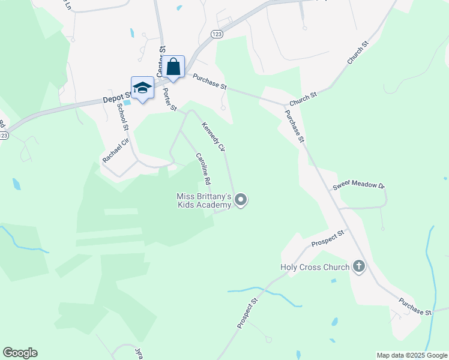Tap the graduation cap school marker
coord(142,87)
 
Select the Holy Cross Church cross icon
coord(359,266)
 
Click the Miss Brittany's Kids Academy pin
coord(241,199)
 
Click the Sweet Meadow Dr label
coord(358,185)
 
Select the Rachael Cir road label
coord(115,150)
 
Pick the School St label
coord(122,116)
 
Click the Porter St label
coord(169,100)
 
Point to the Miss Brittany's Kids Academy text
coord(203,201)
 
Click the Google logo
coord(20,353)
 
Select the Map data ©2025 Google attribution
coord(412,355)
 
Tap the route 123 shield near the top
coord(217,35)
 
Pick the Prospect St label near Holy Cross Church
coord(328,238)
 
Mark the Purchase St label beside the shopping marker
coord(209,82)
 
